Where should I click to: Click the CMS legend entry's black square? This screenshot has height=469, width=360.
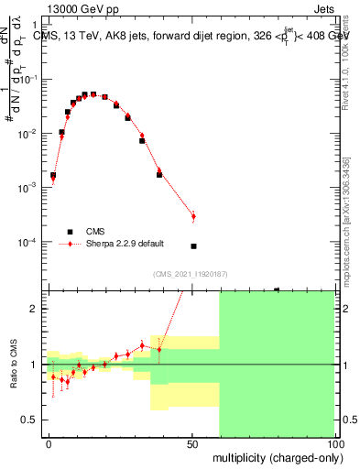67,231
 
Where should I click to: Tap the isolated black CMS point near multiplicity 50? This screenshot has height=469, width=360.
193,245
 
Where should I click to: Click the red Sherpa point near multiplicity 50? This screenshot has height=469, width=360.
193,216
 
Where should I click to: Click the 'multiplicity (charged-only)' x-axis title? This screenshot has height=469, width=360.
275,457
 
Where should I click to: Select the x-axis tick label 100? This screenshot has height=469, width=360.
335,442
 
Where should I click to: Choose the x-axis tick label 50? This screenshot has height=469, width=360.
192,442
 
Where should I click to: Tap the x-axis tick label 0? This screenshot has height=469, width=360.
49,442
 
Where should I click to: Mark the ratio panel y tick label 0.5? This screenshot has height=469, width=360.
27,420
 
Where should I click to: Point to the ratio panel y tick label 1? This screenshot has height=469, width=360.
31,365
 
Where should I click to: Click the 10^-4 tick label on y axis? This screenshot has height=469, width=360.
26,243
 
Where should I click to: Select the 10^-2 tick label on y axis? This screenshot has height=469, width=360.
26,134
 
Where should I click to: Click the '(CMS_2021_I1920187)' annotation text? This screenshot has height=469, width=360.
191,274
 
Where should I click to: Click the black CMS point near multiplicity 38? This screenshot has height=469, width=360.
159,174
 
